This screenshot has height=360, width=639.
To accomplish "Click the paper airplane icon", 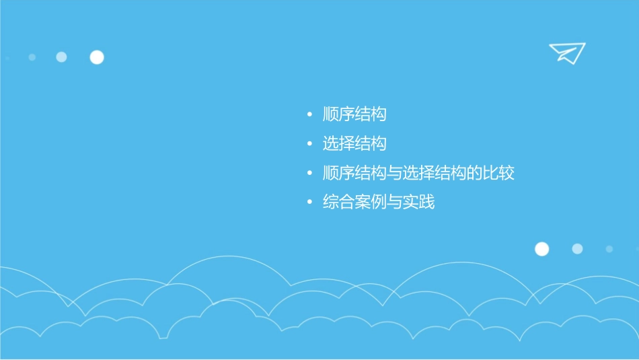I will coord(566,52).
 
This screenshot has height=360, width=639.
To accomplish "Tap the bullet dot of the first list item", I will coord(309,115).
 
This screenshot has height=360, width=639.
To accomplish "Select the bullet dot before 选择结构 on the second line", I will coord(309,144).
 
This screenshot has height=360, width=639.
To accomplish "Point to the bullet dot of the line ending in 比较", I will coord(309,174).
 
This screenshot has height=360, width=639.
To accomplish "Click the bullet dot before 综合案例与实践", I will coord(309,203).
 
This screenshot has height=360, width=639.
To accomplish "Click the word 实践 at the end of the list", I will coord(419,202).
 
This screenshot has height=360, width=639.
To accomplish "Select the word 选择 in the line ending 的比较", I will coord(419,173).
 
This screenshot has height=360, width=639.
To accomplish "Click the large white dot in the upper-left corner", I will coord(97,57).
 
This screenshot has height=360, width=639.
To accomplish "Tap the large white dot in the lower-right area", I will coord(541,249).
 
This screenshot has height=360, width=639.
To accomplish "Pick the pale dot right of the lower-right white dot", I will coord(577,249).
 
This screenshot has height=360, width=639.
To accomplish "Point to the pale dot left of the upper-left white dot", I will coord(61,57).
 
